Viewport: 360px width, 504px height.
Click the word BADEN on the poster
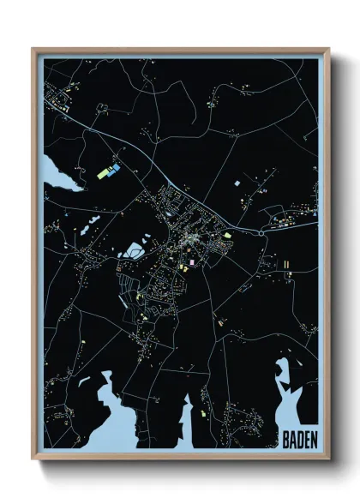coord(298,437)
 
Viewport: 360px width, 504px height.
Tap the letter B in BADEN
coord(285,437)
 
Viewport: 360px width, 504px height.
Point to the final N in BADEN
coord(312,437)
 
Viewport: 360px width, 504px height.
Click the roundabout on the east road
coord(261,231)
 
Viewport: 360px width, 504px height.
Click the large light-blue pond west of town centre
coord(134,251)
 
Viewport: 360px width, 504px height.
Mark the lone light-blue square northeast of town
coord(237,183)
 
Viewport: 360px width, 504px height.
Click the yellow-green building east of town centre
coord(228,232)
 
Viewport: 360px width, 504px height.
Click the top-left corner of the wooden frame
coord(33,50)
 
